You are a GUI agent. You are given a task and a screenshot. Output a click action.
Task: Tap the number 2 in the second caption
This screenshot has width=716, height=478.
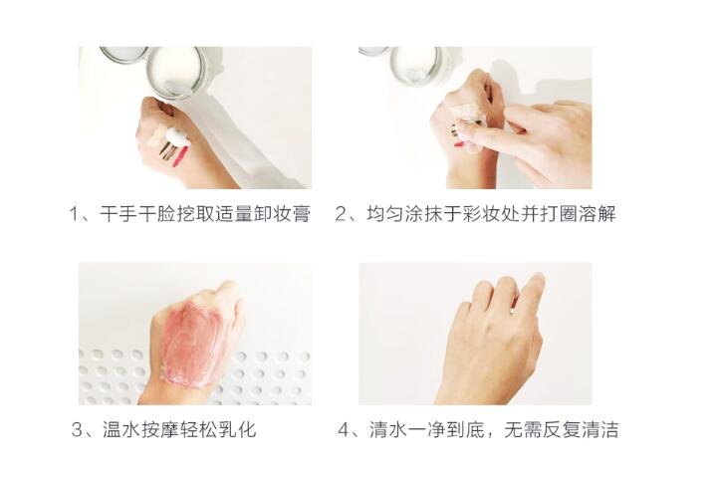click(342, 214)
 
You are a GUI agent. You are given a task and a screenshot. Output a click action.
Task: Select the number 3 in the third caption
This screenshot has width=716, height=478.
click(77, 429)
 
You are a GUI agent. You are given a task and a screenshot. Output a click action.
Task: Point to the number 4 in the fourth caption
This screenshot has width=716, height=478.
click(344, 429)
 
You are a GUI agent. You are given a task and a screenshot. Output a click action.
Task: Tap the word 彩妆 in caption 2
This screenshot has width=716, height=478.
click(481, 214)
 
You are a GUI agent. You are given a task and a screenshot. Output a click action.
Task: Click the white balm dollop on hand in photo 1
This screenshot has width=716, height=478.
click(176, 135)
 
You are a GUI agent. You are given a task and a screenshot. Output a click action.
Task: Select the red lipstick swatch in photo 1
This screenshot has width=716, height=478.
click(181, 156)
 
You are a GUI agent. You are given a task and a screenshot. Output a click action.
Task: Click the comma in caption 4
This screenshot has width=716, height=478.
click(492, 435)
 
